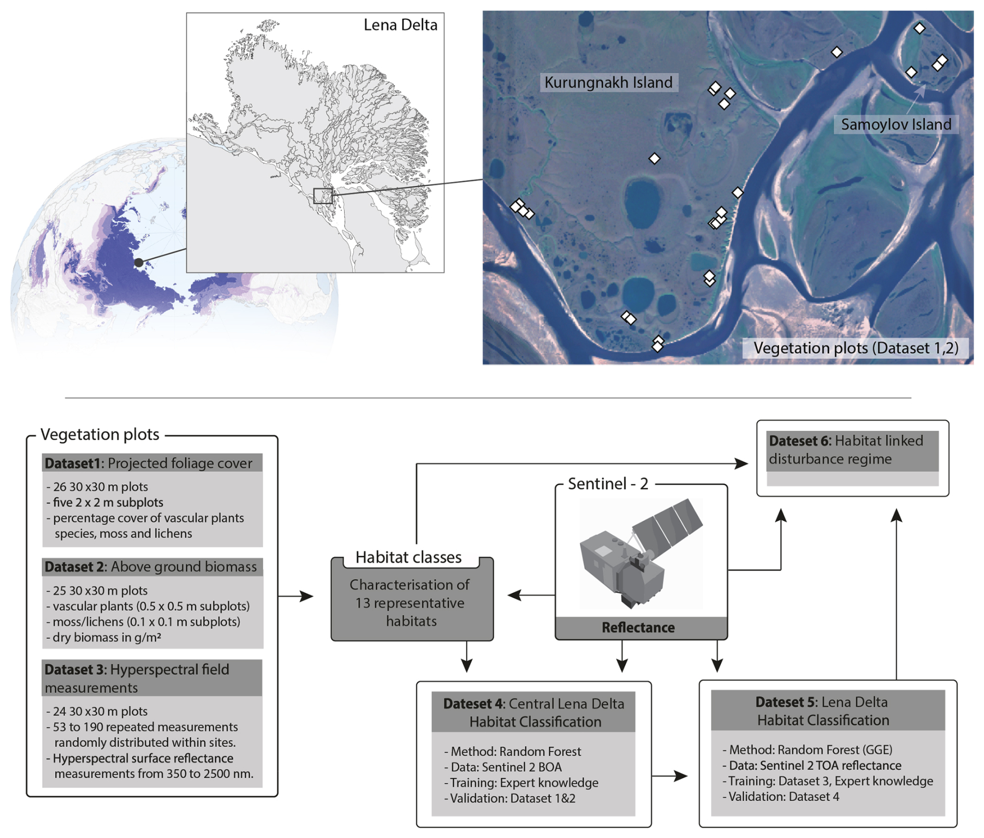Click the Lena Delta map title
coord(400,24)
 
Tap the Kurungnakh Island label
coord(608,82)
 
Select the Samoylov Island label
coord(896,124)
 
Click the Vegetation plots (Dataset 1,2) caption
coord(856,347)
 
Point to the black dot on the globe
coord(139,263)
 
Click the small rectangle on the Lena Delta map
coord(322,196)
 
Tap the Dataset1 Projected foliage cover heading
coord(149,463)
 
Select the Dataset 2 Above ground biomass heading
coord(151,566)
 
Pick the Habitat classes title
coord(408,557)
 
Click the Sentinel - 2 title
coord(608,484)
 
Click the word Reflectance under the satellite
coord(638,627)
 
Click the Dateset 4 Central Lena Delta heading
coord(534,712)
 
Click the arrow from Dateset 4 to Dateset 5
coord(669,776)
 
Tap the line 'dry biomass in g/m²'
coord(107,637)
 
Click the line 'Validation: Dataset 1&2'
coord(512,798)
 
